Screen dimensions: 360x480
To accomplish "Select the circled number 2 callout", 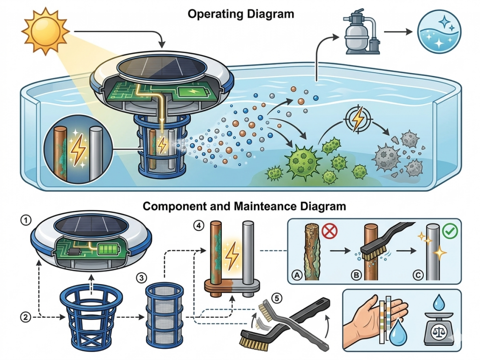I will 26,316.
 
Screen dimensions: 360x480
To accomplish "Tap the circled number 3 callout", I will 140,278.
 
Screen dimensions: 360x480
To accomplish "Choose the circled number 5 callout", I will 278,298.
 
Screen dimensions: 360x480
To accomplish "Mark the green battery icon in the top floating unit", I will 192,92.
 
